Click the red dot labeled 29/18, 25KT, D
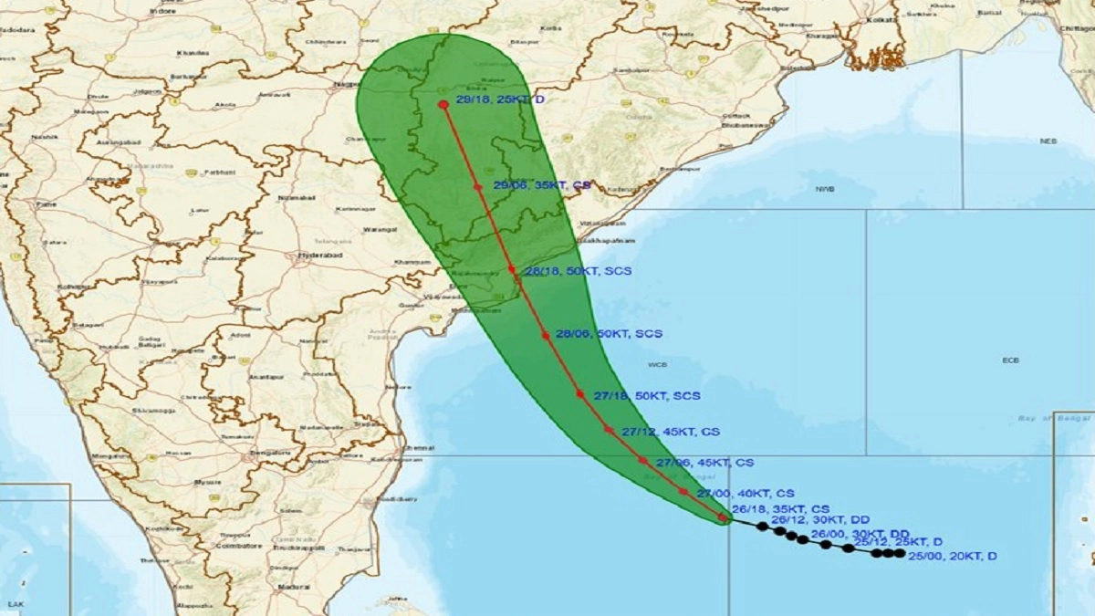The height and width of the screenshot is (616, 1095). [x=443, y=105]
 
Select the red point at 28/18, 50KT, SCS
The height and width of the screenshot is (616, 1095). [x=513, y=270]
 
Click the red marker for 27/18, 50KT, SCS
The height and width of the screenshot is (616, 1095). [x=579, y=394]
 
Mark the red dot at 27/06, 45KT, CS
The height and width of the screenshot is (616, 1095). [x=642, y=461]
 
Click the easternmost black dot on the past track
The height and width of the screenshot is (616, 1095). [x=901, y=553]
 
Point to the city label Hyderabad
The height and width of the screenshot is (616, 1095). [x=319, y=256]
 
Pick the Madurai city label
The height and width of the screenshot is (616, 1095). [x=293, y=586]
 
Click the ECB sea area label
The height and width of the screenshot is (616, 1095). [x=1009, y=360]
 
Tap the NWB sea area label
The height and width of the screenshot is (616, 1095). [x=826, y=190]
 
